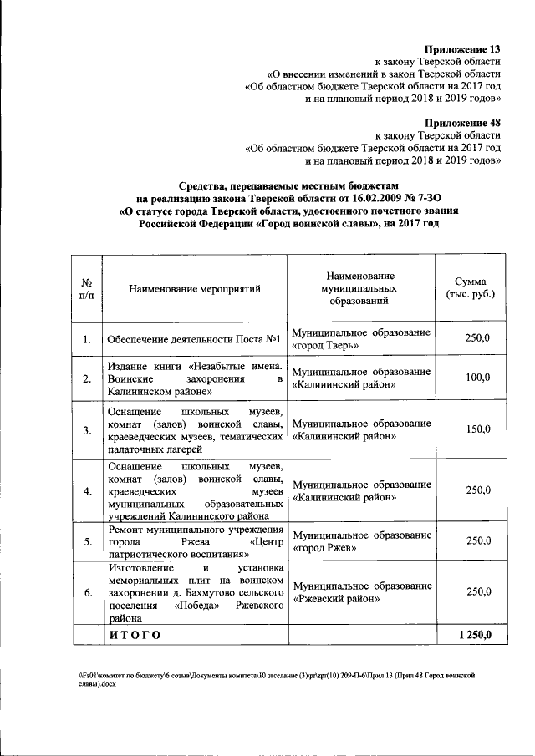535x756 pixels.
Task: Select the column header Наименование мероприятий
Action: tap(195, 288)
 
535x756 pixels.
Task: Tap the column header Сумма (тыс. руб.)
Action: tap(471, 288)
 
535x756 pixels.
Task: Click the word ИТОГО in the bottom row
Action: tap(134, 636)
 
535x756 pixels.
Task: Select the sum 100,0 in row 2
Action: tap(477, 378)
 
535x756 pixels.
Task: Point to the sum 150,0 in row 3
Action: tap(477, 429)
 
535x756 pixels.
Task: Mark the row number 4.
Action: tap(87, 490)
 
